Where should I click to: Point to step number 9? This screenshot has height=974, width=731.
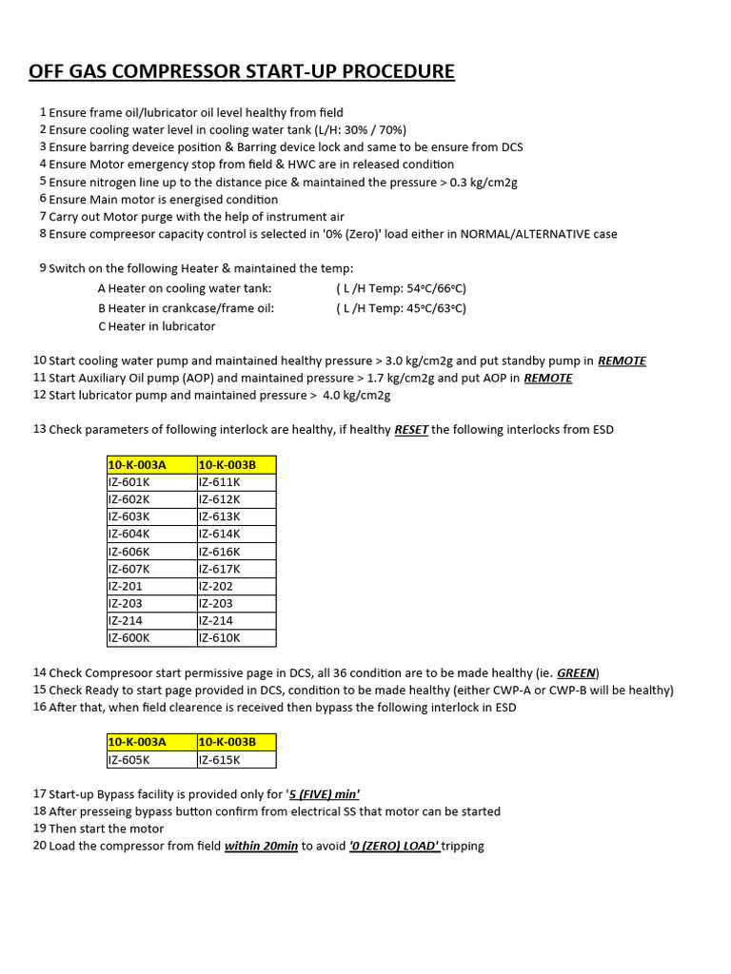click(43, 268)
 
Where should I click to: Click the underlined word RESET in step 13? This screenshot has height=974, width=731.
click(411, 430)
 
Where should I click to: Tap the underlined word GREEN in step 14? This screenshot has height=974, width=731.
click(577, 673)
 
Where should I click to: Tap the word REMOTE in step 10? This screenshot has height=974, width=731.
click(622, 361)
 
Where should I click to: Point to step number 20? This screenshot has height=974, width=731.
click(39, 846)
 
